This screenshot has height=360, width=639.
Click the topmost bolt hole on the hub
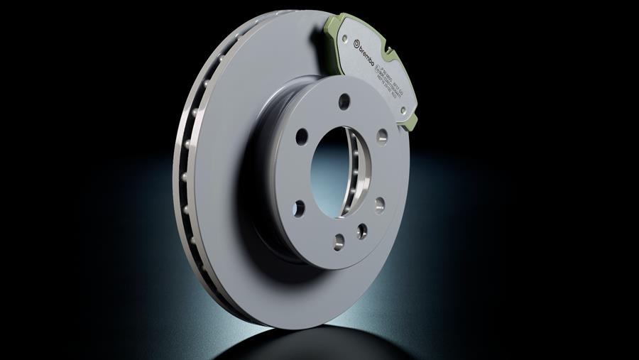(344, 100)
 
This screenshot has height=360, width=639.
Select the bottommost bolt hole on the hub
(338, 239)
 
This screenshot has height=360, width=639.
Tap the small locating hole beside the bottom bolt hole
(362, 229)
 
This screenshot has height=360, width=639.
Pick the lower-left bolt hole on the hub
(299, 207)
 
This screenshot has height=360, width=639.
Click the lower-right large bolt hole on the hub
(380, 204)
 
